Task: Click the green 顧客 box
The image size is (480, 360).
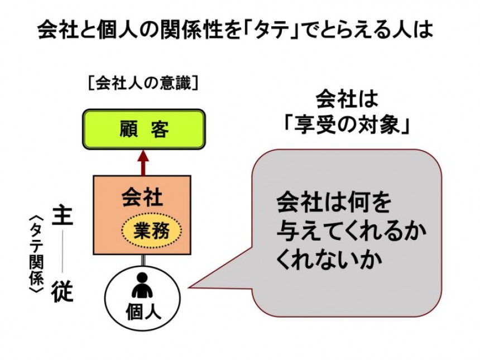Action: coord(143,129)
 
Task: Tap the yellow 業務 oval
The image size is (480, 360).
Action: coord(151,229)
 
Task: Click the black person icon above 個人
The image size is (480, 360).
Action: coord(142,286)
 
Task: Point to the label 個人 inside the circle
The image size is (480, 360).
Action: coord(142,311)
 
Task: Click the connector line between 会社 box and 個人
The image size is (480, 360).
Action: coord(143,260)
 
